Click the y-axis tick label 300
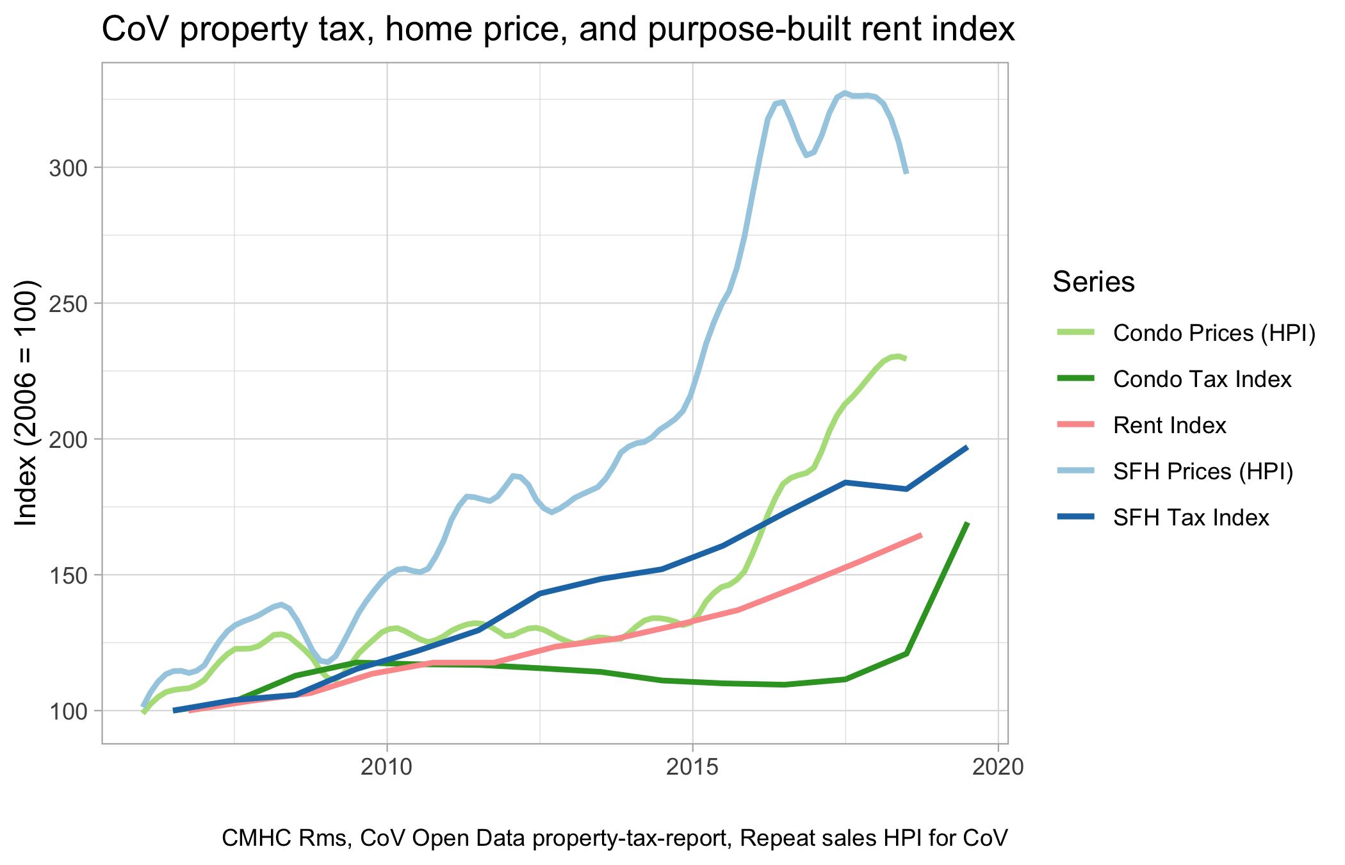[x=67, y=169]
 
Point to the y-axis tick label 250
[x=67, y=304]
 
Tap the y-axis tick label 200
[x=67, y=440]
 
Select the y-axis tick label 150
[x=67, y=576]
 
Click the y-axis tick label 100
[x=67, y=712]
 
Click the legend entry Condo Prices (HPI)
[x=1214, y=333]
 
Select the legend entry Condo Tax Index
[x=1202, y=379]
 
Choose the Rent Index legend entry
[x=1170, y=425]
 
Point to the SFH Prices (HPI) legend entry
[x=1203, y=472]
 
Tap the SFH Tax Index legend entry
[x=1191, y=518]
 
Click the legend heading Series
[x=1093, y=283]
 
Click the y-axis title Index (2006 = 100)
[x=27, y=404]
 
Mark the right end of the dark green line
[x=967, y=523]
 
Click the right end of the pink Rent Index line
[x=920, y=535]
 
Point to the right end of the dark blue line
[x=967, y=447]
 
